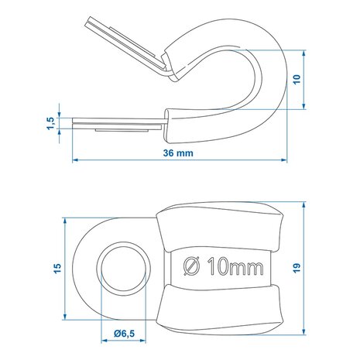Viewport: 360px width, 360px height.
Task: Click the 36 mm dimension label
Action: pos(178,153)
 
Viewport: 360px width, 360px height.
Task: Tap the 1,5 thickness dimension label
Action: pos(51,123)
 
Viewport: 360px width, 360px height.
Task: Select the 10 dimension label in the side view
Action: pos(297,79)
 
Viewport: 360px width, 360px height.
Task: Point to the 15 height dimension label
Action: pos(57,269)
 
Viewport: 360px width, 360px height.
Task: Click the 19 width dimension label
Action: pos(297,268)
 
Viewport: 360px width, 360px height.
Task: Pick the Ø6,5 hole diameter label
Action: pos(125,334)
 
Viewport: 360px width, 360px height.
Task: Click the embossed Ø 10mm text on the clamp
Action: pos(224,266)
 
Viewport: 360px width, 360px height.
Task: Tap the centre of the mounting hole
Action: pos(124,269)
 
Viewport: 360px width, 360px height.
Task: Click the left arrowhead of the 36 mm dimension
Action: pos(75,160)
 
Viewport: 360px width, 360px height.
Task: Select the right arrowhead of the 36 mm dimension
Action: pos(284,160)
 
